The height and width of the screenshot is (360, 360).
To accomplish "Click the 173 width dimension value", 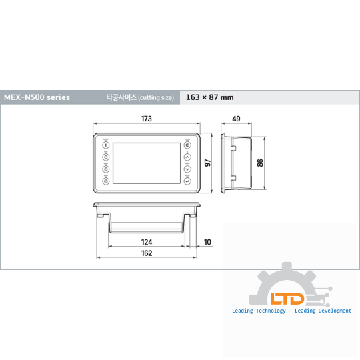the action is pos(147,119).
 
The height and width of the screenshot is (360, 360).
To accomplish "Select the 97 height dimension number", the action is pos(207,163).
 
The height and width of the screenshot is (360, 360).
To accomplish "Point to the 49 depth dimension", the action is pos(236,119).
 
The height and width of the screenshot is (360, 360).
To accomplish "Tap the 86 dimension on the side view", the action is pos(260,163).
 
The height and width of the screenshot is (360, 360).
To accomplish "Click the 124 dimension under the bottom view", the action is pos(147,242).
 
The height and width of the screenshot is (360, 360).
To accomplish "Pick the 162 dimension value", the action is pos(147,253).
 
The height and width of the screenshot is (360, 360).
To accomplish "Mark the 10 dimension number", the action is pos(207,242).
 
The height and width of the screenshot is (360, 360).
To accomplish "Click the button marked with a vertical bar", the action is pos(106,145).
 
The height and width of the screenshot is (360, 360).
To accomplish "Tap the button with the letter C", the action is pos(187,145).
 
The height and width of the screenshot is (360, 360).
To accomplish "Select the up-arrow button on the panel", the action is pos(187,157).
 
